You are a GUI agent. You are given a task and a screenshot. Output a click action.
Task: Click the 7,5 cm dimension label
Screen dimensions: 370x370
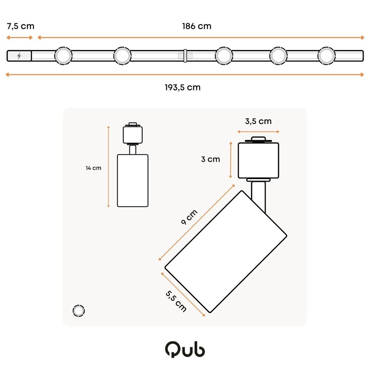click(20, 26)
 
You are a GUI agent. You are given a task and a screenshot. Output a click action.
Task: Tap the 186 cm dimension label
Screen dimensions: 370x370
click(196, 26)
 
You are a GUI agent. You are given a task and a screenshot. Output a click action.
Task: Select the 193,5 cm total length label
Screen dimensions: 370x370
click(182, 87)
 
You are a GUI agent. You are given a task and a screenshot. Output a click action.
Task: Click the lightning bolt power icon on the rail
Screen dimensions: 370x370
click(19, 56)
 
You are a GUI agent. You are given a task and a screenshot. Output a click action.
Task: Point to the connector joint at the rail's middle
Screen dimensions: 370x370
click(185, 55)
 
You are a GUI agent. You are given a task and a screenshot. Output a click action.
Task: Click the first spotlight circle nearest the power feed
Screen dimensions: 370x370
click(63, 56)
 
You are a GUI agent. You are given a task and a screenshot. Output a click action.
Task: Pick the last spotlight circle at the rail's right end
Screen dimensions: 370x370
click(326, 56)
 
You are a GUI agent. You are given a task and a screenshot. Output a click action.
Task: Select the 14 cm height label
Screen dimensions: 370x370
click(93, 168)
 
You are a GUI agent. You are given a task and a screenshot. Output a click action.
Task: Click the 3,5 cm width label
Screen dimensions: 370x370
click(258, 121)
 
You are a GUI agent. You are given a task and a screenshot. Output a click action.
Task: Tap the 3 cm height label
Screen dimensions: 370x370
click(211, 159)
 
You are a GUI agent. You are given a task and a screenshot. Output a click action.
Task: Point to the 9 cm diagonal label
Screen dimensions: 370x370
click(189, 218)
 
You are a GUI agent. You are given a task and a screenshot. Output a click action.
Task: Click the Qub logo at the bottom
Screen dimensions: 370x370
click(185, 350)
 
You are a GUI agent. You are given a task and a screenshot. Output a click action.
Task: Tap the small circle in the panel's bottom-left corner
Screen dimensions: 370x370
click(78, 311)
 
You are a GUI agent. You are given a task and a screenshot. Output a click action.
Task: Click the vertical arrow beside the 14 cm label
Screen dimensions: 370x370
click(108, 166)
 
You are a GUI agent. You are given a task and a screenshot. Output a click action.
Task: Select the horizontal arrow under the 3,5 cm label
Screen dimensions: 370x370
click(258, 131)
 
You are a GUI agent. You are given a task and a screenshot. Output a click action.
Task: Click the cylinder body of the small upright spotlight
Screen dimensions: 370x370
click(133, 181)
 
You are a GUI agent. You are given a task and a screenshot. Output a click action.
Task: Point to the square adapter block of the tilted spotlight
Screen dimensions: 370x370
click(258, 160)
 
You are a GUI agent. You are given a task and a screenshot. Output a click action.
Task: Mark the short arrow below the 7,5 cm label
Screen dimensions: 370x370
click(20, 37)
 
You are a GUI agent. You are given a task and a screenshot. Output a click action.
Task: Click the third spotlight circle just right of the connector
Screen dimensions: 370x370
click(224, 56)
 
